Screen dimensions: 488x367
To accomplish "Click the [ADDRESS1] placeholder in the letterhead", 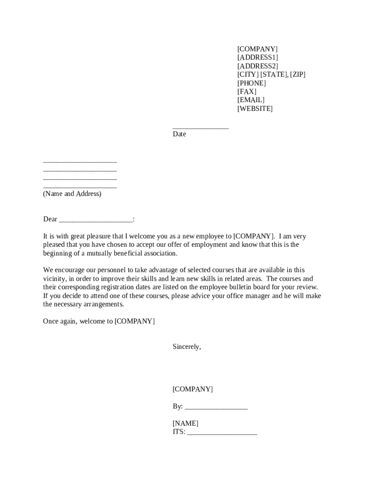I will point(257,58).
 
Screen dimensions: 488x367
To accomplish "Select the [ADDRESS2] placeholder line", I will point(257,66).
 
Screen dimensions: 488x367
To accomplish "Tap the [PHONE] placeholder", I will point(252,83).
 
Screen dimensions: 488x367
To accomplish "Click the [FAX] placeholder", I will point(247,91).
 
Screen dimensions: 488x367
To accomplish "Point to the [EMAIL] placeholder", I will point(251,100).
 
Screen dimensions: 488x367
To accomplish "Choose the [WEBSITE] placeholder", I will point(255,109).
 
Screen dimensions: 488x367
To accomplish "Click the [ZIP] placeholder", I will point(297,74).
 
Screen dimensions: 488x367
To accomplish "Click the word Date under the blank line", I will point(179,134).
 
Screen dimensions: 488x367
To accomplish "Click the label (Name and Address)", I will point(72,194).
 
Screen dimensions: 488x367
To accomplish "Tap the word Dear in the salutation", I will point(50,219).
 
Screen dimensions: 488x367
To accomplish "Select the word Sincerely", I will point(186,347).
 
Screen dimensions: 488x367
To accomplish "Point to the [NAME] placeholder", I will point(185,423).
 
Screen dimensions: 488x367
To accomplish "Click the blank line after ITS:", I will point(222,433).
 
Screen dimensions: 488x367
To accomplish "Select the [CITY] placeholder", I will point(248,74).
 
